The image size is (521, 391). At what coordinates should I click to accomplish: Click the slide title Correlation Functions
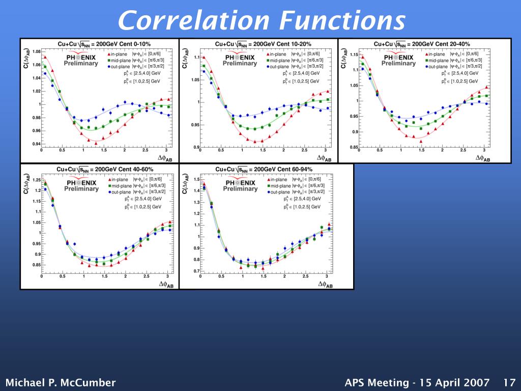coord(262,21)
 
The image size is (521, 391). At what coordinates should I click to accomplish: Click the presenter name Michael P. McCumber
coord(61,382)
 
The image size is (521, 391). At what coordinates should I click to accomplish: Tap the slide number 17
coord(509,382)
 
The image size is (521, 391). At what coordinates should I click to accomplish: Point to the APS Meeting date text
coord(417,382)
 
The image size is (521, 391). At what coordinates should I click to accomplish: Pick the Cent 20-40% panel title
coord(422,44)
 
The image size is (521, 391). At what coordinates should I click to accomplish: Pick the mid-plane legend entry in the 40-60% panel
coord(120,186)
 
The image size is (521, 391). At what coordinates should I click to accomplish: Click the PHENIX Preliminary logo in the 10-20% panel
coord(240,59)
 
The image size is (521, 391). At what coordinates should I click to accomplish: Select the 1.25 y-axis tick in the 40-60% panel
coord(36,180)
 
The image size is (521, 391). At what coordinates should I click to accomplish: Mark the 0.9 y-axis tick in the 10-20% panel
coord(196,148)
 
